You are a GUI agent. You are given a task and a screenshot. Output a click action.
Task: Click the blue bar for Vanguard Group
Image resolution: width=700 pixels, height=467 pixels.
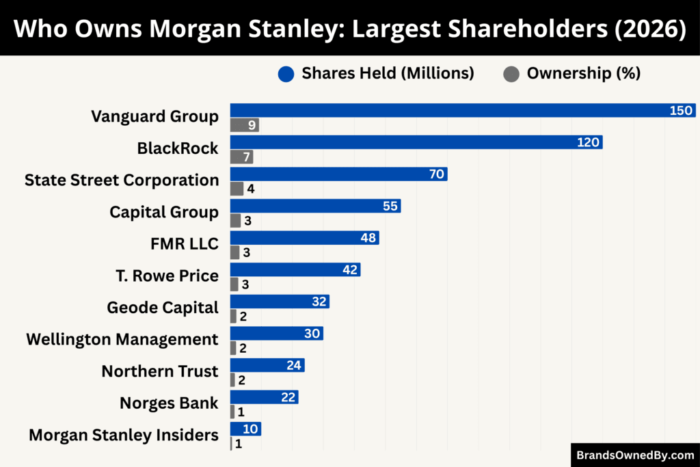pos(451,111)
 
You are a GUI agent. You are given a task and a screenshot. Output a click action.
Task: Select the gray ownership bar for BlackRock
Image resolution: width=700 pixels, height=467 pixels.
pos(241,157)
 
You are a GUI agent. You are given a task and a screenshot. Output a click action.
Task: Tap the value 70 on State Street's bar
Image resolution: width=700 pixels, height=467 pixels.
pos(437,174)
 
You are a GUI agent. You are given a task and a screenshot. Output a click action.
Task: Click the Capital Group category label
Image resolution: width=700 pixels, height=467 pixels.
pos(164,212)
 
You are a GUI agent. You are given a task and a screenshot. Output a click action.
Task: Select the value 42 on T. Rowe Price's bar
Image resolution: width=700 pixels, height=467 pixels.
pos(351,270)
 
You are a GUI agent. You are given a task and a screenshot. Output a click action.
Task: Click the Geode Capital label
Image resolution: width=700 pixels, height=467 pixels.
pos(163,308)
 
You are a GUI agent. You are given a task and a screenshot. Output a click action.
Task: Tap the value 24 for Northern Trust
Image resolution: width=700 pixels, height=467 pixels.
pos(294,365)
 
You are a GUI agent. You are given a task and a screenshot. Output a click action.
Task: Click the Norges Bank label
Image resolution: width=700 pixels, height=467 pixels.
pos(169,403)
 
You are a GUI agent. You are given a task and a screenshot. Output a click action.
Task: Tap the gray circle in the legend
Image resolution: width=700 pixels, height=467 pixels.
pos(511,74)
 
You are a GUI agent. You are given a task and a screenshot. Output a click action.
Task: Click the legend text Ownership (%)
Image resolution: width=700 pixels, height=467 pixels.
pos(583,74)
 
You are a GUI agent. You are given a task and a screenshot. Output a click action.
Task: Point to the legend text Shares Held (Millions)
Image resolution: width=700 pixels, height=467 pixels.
pos(388,74)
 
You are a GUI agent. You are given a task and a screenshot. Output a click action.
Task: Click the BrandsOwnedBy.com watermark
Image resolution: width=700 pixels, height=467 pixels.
pos(634,455)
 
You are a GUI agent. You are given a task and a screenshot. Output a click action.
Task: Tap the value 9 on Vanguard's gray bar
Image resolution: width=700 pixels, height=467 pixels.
pos(252,125)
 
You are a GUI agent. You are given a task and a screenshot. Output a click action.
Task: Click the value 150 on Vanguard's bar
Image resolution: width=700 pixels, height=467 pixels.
pos(681,111)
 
